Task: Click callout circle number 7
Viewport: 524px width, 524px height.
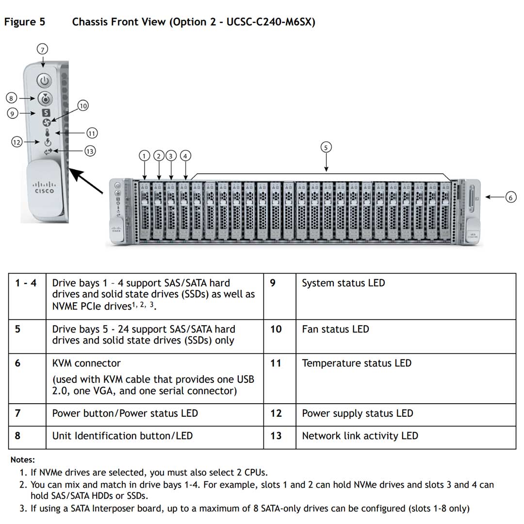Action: [x=43, y=49]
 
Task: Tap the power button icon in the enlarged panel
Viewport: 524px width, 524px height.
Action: [x=45, y=81]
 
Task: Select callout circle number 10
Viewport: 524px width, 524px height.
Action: [x=83, y=106]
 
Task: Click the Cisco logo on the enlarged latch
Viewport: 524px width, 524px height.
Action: [x=44, y=188]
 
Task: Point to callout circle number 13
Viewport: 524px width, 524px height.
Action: [x=89, y=151]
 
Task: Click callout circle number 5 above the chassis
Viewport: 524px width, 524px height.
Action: [x=326, y=147]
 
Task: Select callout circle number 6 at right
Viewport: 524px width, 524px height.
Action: [x=510, y=197]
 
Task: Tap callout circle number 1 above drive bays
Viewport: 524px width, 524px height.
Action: [x=144, y=156]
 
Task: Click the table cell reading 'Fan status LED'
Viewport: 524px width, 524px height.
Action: [x=335, y=329]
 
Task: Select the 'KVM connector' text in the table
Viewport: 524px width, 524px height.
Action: [x=86, y=363]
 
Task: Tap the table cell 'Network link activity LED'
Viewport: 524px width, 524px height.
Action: [x=360, y=436]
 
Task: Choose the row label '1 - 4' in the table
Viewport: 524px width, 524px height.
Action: [x=26, y=283]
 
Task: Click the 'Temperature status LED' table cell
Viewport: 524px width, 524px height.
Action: [x=356, y=363]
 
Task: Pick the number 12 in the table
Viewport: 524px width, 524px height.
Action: [x=276, y=413]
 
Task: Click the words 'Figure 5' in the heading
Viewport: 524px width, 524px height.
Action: [x=20, y=22]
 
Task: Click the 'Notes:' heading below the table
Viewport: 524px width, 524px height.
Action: [x=23, y=460]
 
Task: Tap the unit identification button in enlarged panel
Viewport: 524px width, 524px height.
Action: [x=45, y=99]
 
